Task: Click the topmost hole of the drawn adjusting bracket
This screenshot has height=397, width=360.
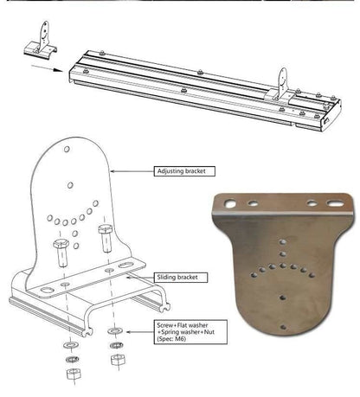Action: (68, 150)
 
